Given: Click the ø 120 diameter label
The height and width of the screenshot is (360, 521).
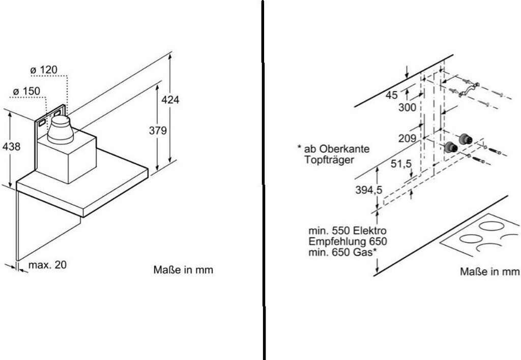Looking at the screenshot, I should click(x=43, y=69).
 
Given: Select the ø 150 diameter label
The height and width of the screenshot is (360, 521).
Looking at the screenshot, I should click(x=26, y=91).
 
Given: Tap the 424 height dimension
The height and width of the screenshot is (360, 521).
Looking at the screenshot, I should click(x=170, y=100).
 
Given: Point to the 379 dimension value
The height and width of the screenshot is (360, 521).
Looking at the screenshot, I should click(x=158, y=131).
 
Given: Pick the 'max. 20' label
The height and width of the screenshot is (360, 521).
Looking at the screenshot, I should click(x=47, y=265).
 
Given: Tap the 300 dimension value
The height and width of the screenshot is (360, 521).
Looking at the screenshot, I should click(x=408, y=107).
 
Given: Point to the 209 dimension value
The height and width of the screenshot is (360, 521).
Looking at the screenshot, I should click(x=408, y=138).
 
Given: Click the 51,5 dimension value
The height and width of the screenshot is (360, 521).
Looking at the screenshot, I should click(x=400, y=164).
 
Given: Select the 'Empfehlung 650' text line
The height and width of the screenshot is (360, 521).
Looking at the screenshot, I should click(x=348, y=241).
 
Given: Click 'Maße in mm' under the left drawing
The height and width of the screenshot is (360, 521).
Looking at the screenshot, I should click(x=183, y=269).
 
